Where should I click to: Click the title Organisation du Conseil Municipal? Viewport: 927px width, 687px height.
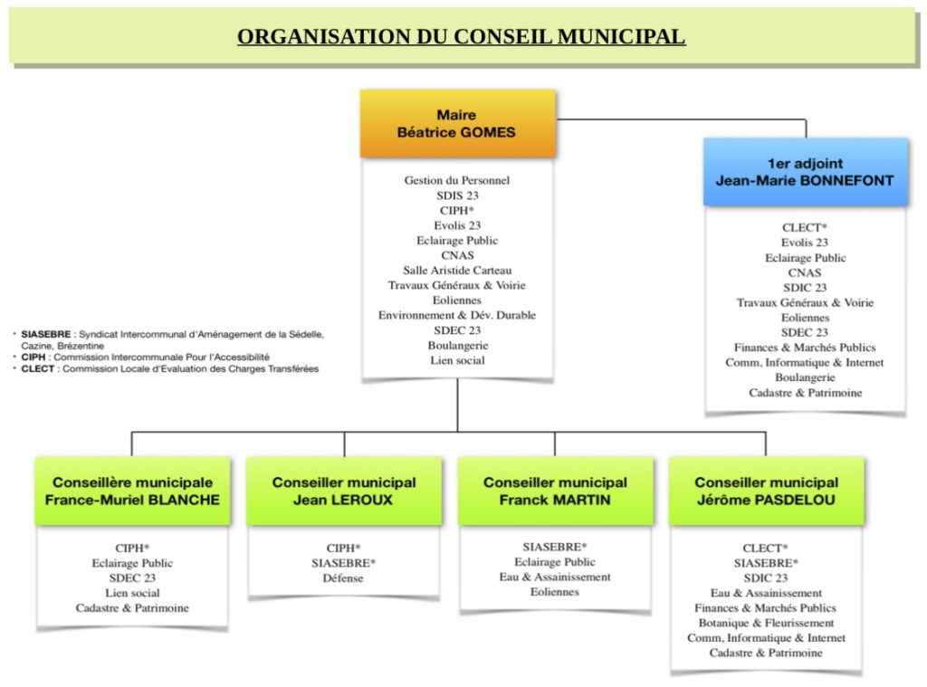(461, 36)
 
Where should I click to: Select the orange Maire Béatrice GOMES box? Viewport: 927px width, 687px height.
(457, 124)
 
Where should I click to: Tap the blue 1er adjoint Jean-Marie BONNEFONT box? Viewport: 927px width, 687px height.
(805, 172)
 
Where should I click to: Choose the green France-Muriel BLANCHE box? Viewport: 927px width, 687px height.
(132, 491)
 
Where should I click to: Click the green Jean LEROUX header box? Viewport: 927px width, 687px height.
(344, 491)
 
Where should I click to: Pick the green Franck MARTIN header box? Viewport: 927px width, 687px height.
(555, 491)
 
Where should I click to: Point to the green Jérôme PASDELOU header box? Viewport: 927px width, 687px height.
(766, 491)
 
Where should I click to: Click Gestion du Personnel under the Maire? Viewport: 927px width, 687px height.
(457, 180)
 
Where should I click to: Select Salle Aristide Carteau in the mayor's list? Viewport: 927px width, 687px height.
(457, 271)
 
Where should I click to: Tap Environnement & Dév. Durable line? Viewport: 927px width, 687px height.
(457, 315)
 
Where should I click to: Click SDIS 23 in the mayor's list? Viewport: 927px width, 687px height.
(457, 196)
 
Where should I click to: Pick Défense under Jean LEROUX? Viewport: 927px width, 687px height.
(343, 577)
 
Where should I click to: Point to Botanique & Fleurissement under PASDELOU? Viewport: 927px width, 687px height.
(766, 623)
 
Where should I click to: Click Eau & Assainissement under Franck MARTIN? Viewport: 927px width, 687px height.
(555, 577)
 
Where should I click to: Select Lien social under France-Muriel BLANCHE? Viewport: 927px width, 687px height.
(132, 592)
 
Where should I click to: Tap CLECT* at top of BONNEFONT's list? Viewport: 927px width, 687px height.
(805, 227)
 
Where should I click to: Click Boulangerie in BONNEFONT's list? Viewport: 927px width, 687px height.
(805, 377)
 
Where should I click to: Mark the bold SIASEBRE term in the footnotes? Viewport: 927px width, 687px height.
(45, 334)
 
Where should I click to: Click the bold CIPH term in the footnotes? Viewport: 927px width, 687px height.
(33, 358)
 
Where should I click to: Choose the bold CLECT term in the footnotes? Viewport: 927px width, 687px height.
(37, 368)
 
